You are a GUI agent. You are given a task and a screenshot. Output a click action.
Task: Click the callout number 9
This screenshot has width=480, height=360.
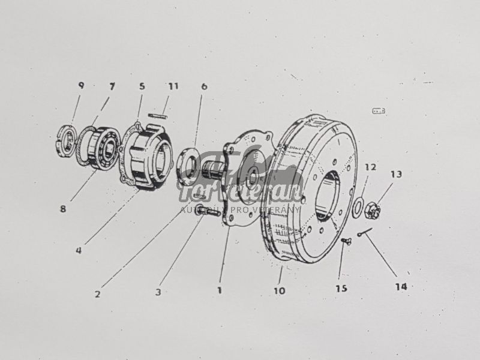tap(81, 85)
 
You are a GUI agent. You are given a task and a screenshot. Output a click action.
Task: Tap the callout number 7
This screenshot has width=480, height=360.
tap(112, 86)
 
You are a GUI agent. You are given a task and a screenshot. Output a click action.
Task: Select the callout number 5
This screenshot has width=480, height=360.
tap(142, 86)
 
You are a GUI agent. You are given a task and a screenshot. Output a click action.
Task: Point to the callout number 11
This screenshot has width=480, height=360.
tap(173, 86)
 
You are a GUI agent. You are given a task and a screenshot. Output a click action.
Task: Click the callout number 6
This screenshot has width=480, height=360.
tap(204, 86)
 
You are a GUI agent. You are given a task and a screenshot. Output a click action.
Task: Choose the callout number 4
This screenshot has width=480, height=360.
tap(79, 250)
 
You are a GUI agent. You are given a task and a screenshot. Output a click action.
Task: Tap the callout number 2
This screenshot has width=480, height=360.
tap(98, 294)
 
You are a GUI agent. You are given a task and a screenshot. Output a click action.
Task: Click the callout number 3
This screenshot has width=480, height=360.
tap(158, 292)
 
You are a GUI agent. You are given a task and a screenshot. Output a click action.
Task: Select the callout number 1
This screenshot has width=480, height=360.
tap(220, 290)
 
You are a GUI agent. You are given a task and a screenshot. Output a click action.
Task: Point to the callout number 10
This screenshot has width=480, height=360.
tap(279, 291)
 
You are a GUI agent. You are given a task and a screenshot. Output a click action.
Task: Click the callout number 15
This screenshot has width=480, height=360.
tap(341, 289)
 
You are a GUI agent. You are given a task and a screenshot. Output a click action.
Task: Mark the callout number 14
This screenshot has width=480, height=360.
tap(401, 287)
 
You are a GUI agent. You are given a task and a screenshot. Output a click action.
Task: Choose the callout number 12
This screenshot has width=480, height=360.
tap(370, 166)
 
